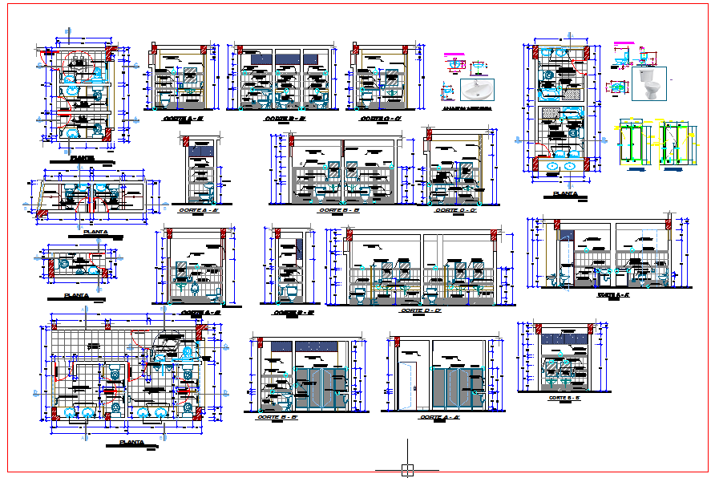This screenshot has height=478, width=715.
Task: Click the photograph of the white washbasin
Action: tap(479, 88)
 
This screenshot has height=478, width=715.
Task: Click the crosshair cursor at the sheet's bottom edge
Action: tap(408, 470)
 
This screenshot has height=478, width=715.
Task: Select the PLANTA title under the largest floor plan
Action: tap(131, 443)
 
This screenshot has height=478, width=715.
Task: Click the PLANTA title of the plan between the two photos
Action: tap(564, 193)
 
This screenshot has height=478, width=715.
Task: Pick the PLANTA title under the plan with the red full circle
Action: tap(80, 159)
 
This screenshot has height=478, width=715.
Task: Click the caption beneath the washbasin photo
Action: tap(467, 107)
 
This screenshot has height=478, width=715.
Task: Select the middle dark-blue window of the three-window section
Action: tap(289, 59)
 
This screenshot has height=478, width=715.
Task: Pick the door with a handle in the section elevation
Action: tap(408, 383)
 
